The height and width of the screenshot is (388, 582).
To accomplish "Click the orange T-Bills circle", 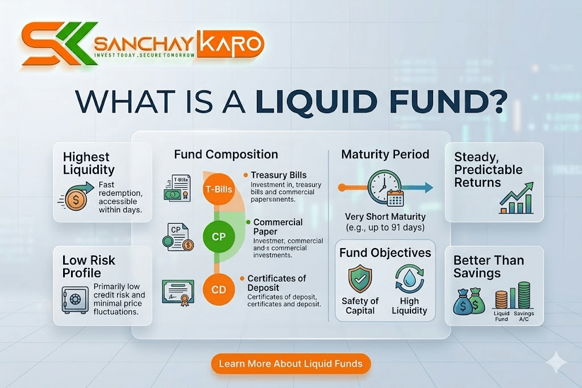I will [x=219, y=189].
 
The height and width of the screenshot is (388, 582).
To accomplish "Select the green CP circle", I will [x=219, y=237].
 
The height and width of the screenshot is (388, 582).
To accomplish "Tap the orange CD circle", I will [x=219, y=290].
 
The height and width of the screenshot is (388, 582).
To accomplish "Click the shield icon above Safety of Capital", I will [x=360, y=278].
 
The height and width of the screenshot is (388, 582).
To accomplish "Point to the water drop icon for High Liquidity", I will [x=409, y=278].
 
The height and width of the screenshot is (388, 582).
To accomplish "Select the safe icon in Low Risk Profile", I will [x=74, y=298].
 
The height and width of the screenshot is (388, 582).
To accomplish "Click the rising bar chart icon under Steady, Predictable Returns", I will [x=516, y=198].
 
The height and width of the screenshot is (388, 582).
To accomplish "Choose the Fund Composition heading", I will [x=226, y=154].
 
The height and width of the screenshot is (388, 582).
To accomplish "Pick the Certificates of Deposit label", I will [x=277, y=283].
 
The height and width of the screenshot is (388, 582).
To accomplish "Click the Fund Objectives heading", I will [x=385, y=253].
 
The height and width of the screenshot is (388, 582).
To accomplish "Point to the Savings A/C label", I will [x=523, y=316].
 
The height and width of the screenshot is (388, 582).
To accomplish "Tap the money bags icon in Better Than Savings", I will [x=468, y=301].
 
